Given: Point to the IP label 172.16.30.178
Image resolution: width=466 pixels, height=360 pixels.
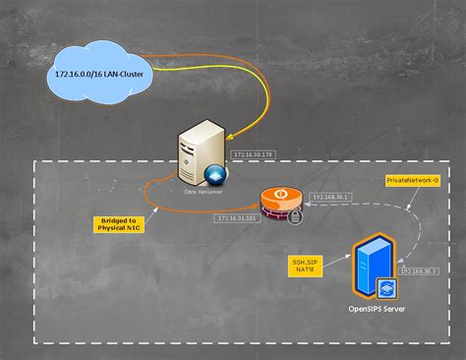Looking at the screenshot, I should [255, 154].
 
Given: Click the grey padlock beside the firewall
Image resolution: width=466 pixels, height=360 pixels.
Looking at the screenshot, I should [295, 215].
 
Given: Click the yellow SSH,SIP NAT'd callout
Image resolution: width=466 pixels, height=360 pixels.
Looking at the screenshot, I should [309, 266].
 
